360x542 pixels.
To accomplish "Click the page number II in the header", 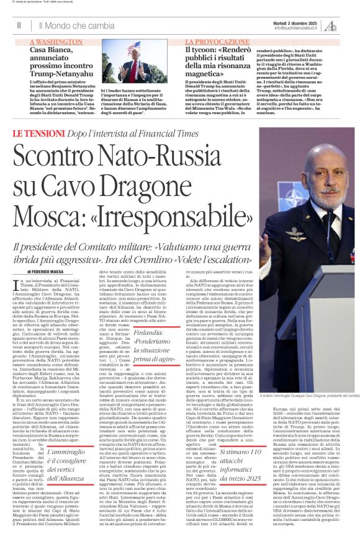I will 19,25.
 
